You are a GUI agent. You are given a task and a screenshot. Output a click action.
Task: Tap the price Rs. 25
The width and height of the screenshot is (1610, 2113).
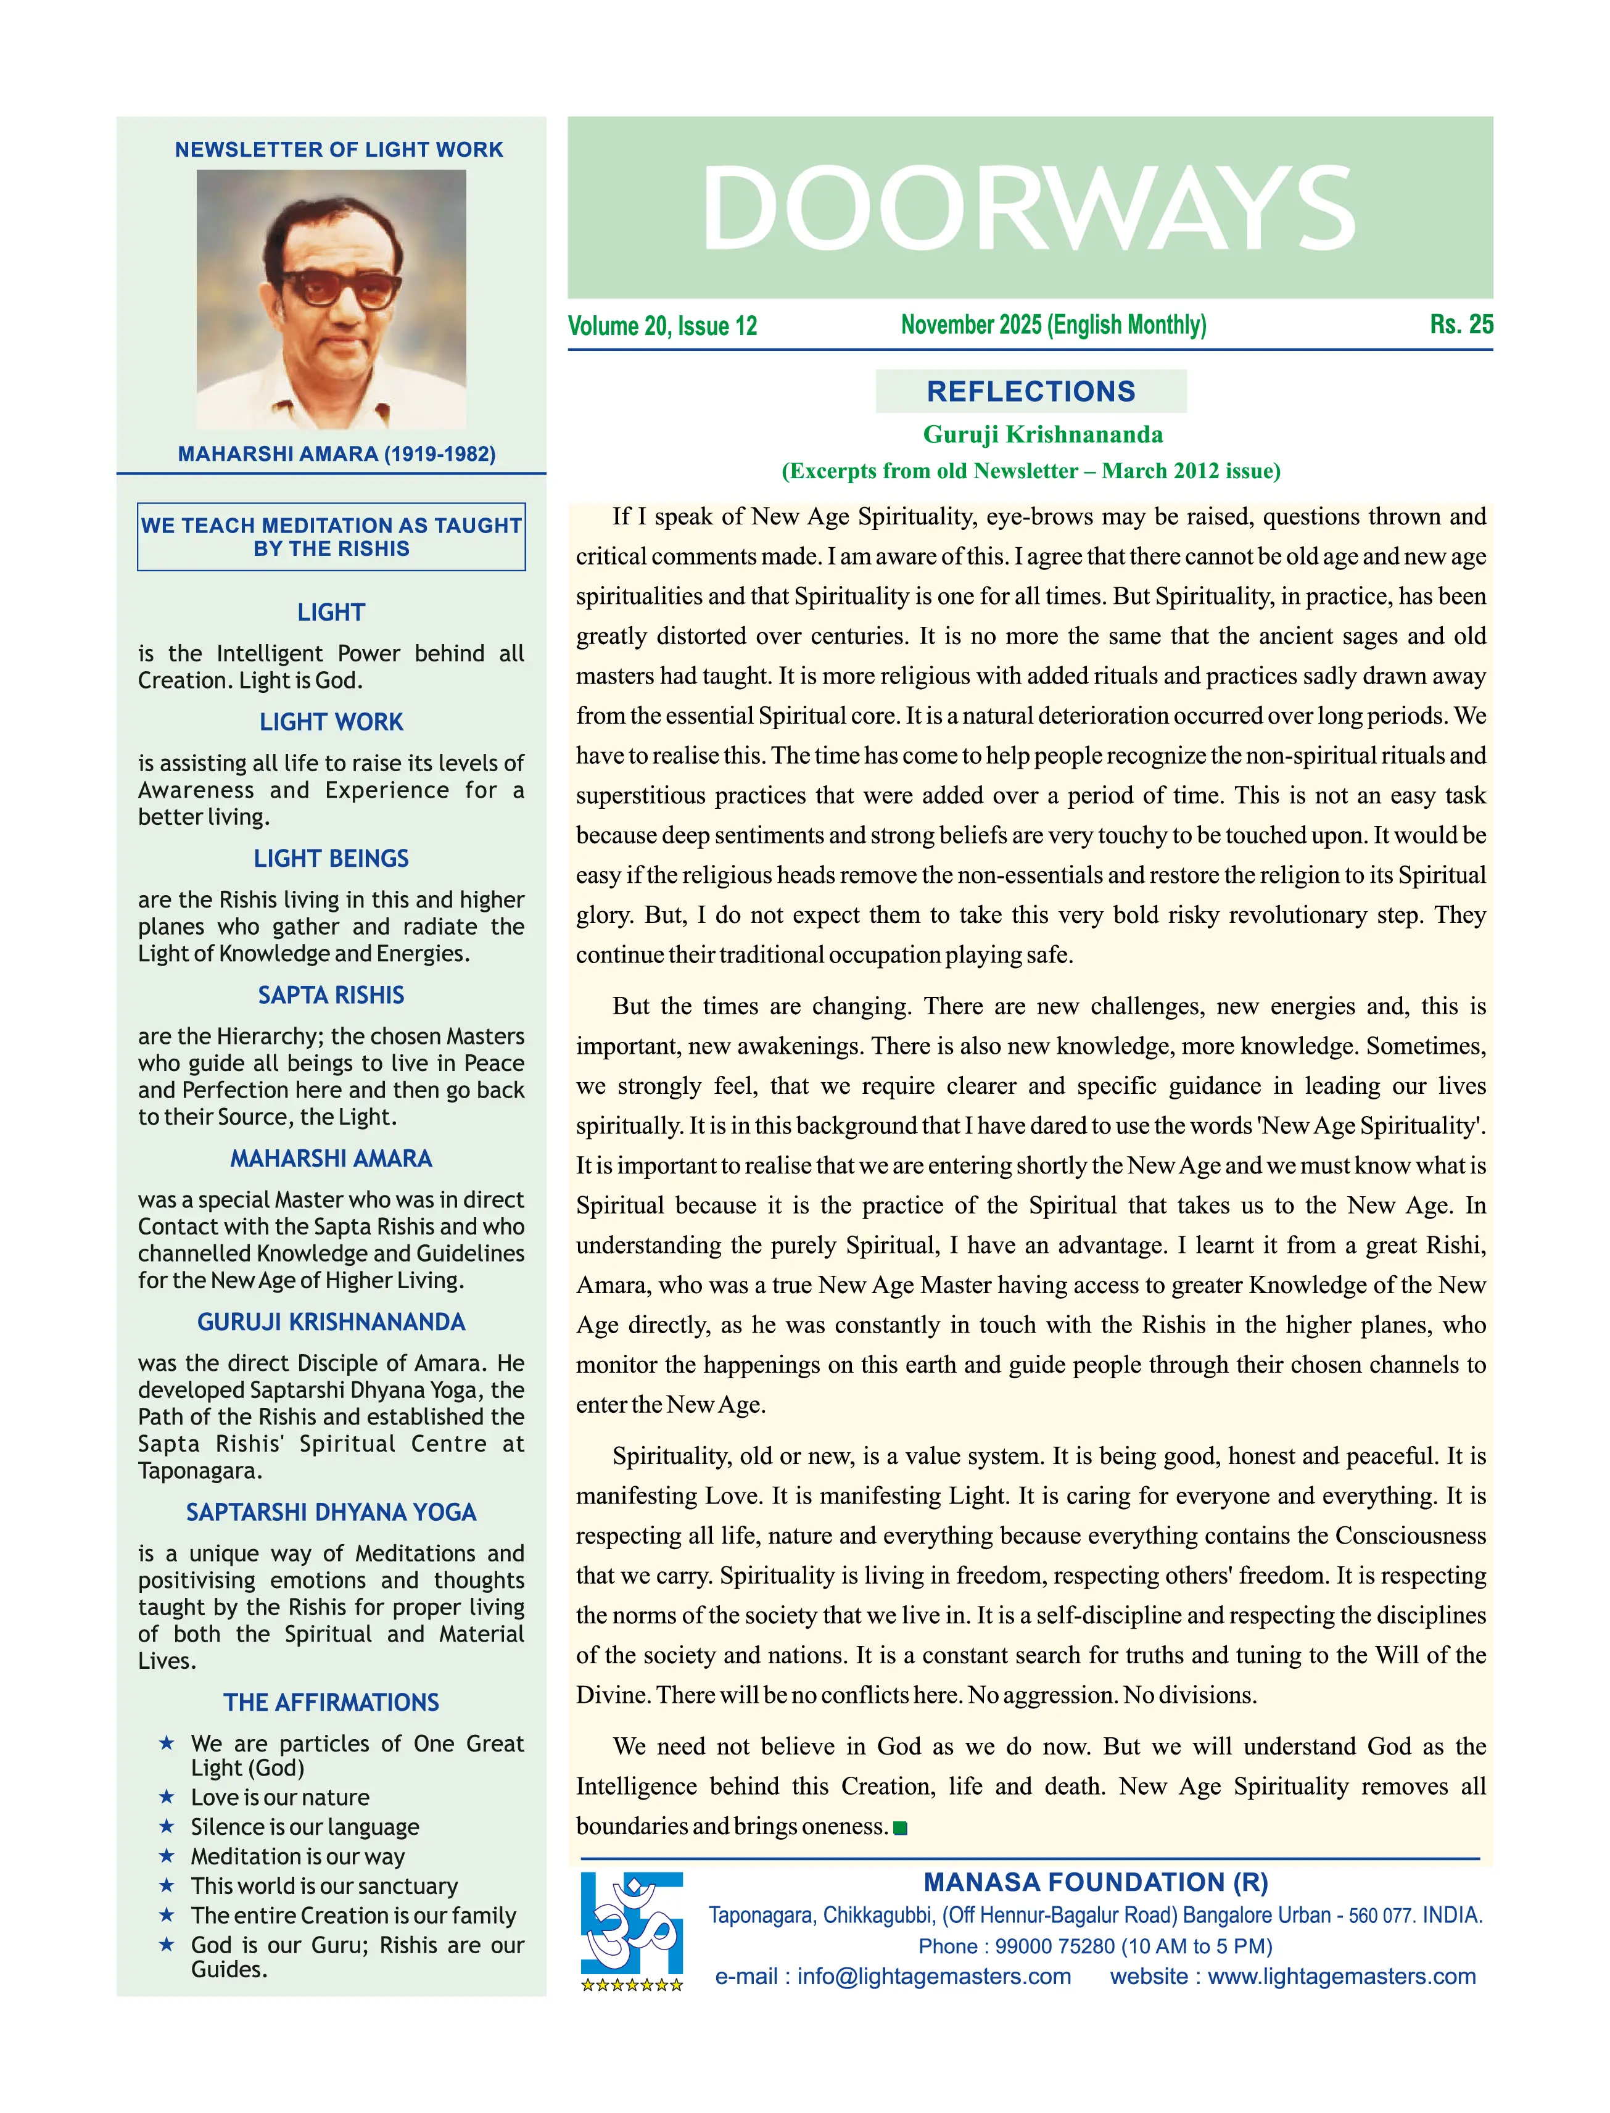click(1461, 325)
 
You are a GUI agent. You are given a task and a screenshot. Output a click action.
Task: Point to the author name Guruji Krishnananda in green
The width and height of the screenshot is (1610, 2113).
click(1042, 434)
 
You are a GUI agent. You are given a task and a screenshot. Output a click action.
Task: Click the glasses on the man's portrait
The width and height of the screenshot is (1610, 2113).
click(341, 286)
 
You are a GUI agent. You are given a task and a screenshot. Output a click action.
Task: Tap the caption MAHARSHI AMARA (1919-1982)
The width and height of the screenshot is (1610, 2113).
click(336, 454)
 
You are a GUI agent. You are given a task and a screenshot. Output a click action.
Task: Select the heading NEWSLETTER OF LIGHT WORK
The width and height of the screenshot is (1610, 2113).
click(338, 149)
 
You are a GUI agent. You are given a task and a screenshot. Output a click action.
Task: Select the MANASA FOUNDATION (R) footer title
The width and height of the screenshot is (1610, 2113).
click(1096, 1883)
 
